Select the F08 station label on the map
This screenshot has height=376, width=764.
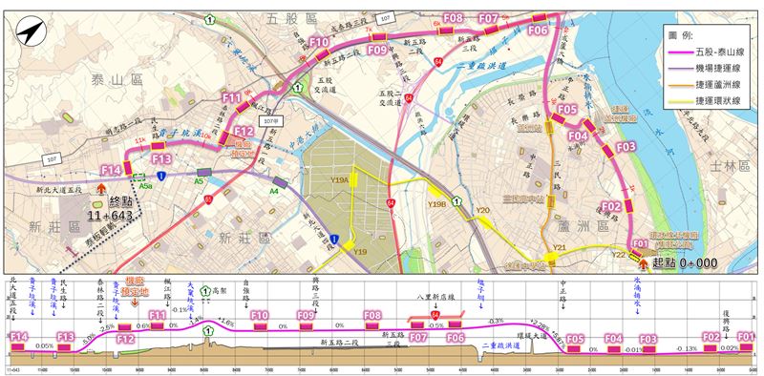pos(454,18)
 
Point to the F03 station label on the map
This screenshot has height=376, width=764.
pos(626,147)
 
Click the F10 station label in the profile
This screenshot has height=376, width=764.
pos(258,314)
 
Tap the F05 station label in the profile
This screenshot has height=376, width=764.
pos(575,338)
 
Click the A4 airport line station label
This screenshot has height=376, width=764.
pos(273,191)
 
